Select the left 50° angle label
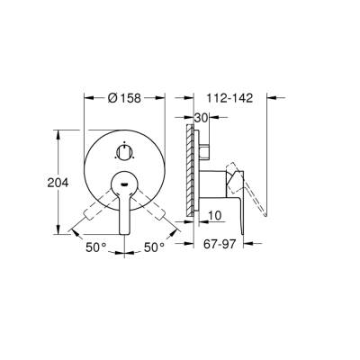(x=96, y=246)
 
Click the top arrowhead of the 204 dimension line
(x=59, y=132)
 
